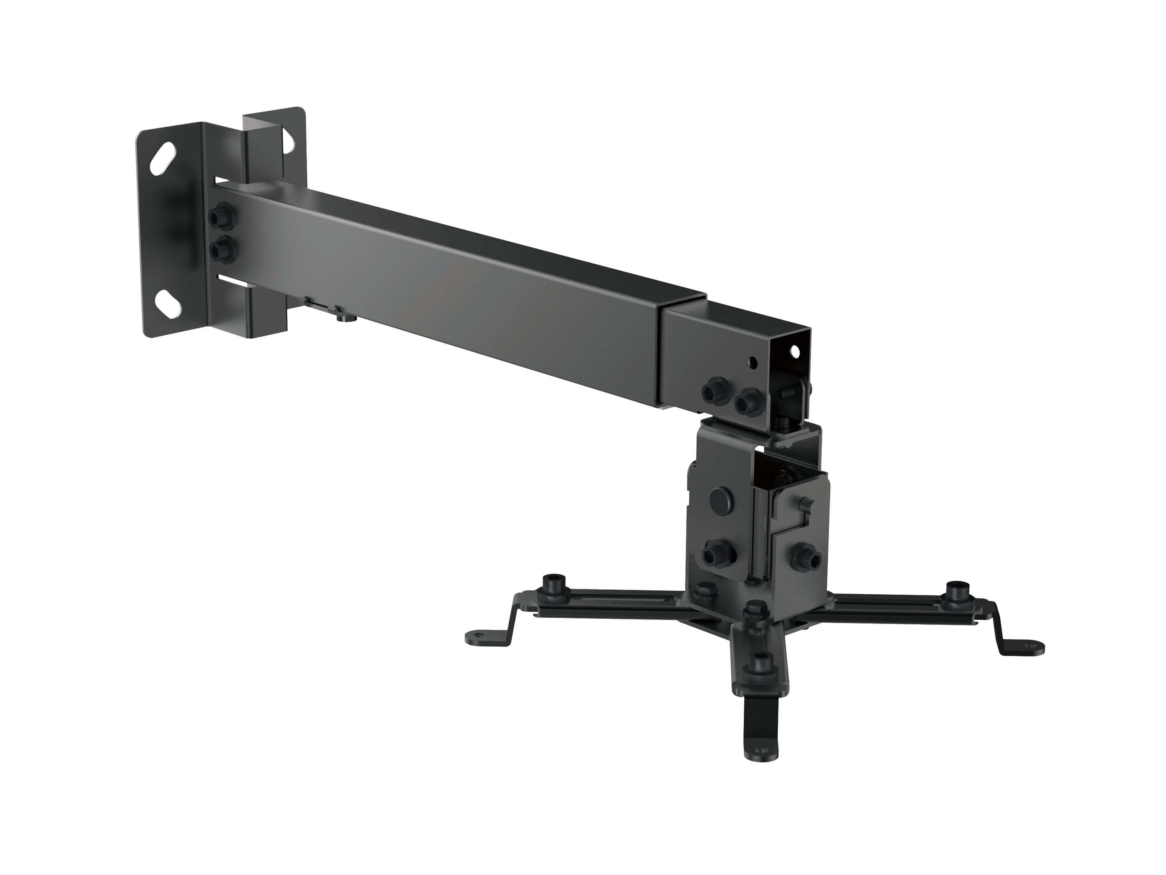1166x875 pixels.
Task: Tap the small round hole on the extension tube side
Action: [753, 363]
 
